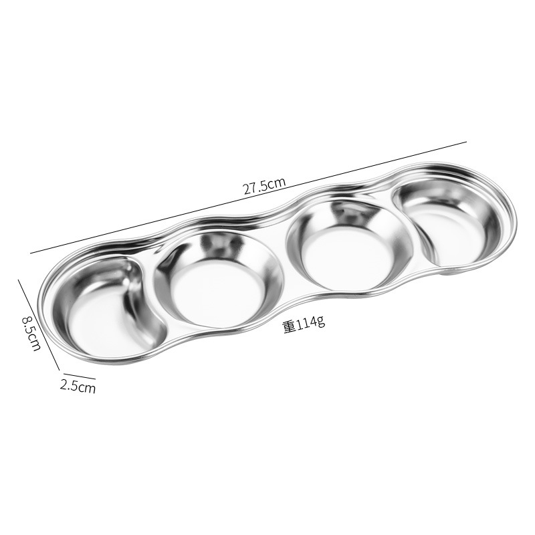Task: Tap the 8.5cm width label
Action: coord(31,333)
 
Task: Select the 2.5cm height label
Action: coord(78,387)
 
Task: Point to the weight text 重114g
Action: coord(304,324)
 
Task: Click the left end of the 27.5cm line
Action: coord(30,253)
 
